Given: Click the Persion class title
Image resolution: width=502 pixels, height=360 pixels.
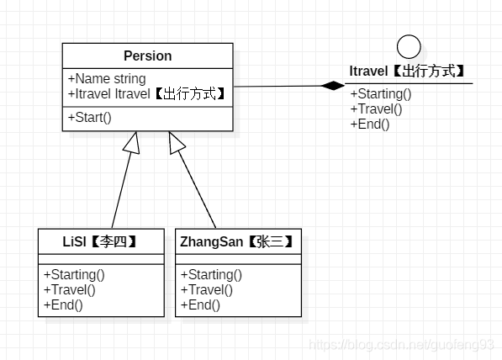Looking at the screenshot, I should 147,56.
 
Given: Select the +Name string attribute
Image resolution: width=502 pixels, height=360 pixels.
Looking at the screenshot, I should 106,79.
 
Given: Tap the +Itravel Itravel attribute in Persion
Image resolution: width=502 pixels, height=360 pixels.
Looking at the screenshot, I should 146,93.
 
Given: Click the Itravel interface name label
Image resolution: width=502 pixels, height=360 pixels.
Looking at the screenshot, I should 408,72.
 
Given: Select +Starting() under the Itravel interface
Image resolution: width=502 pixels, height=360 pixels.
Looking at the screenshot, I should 381,94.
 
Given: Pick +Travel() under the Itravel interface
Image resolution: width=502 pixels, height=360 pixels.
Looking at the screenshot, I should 376,109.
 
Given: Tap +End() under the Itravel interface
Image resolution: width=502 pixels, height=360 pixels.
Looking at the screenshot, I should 370,124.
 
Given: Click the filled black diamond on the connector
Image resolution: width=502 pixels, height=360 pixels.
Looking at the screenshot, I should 333,85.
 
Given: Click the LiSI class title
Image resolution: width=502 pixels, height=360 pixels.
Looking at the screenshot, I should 100,241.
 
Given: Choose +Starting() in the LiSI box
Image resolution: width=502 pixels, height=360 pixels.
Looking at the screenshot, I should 73,274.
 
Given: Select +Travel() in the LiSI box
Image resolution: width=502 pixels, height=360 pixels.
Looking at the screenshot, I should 69,289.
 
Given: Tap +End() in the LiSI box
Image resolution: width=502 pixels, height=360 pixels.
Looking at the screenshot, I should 63,304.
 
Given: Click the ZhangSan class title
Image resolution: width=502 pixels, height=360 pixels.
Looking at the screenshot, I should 237,241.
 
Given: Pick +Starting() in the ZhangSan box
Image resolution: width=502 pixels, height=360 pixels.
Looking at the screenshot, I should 211,274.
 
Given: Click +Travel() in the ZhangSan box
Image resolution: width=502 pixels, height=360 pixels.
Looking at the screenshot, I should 206,289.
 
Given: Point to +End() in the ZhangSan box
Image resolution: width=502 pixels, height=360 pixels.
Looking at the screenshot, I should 200,304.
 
